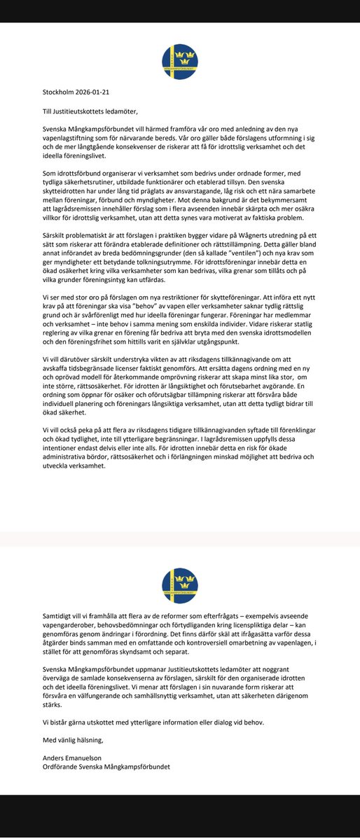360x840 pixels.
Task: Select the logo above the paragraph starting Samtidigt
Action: tap(179, 586)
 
